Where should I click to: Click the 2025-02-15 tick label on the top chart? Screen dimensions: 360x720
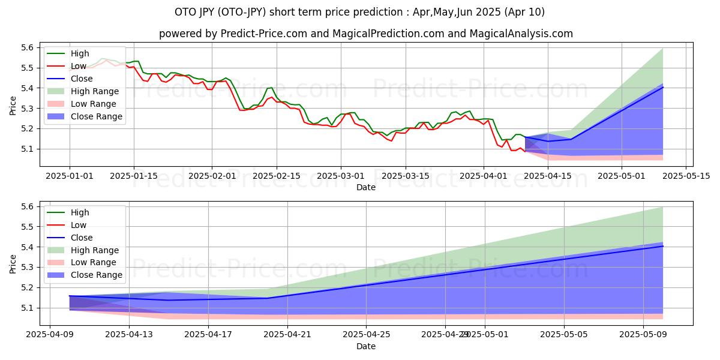click(276, 176)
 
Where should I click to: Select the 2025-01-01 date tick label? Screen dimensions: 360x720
click(70, 176)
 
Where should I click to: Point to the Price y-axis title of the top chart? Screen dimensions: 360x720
click(13, 106)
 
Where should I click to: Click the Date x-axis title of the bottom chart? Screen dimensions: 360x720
click(366, 346)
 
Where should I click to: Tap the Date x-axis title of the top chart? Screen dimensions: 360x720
click(366, 187)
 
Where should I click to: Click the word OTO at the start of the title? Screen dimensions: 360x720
click(185, 12)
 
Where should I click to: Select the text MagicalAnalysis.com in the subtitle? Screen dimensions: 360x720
click(523, 34)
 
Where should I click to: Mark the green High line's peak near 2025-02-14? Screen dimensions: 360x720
click(272, 88)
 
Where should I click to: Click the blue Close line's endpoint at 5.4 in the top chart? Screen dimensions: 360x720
click(662, 87)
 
